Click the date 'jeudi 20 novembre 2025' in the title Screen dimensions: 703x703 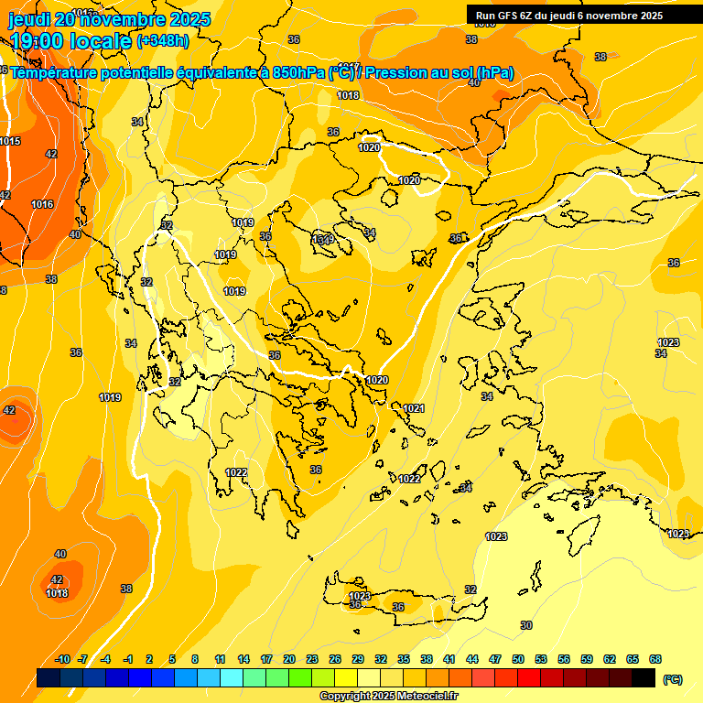[x=109, y=19]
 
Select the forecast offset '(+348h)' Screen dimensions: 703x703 [x=165, y=41]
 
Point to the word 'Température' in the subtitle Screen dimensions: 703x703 [x=55, y=72]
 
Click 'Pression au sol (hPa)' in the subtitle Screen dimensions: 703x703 [x=439, y=72]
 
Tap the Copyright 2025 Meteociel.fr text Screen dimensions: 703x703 [x=389, y=696]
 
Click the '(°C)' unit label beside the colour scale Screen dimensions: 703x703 [x=672, y=679]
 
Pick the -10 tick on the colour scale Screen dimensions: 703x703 [x=62, y=659]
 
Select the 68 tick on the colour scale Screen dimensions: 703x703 [x=655, y=659]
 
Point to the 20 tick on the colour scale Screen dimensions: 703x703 [x=289, y=659]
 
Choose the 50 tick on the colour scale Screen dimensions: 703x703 [x=518, y=659]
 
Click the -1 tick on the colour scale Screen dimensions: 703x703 [x=129, y=659]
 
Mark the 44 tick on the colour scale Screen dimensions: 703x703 [x=472, y=659]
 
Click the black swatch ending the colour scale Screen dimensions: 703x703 [x=644, y=678]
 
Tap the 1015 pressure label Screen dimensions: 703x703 [x=10, y=141]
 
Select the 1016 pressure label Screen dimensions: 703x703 [x=42, y=204]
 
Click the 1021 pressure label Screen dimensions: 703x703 [x=414, y=408]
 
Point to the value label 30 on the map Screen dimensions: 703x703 [x=525, y=625]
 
